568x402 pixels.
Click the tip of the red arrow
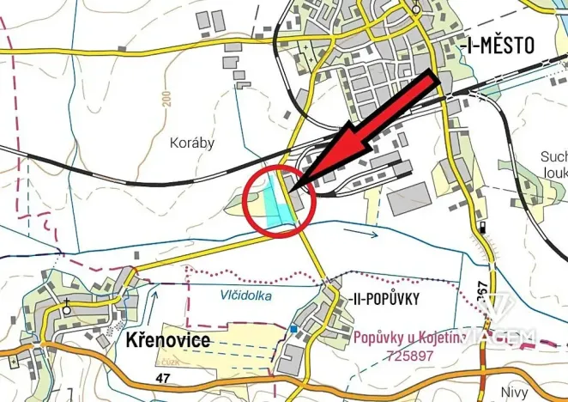pos(289,190)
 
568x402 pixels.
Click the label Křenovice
pos(169,339)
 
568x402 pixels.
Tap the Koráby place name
pos(193,143)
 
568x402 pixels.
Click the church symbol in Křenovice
pos(66,304)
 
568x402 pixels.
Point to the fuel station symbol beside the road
pos(483,228)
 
